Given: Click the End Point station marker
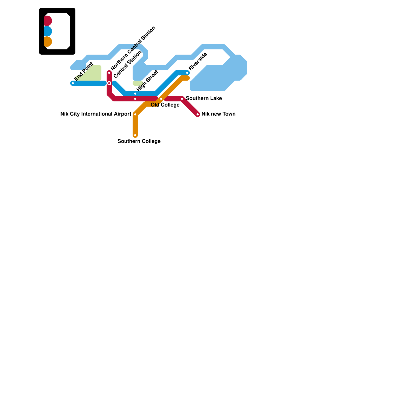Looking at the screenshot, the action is tap(73, 83).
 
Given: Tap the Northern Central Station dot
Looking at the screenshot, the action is tap(109, 73).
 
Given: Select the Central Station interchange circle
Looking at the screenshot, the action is tap(109, 83).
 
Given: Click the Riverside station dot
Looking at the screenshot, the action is tap(187, 73).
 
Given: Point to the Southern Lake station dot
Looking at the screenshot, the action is tap(182, 99).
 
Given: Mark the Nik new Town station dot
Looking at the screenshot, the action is tap(198, 114).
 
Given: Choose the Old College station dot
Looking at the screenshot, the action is tap(161, 99).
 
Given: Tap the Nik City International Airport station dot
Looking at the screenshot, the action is tap(135, 114).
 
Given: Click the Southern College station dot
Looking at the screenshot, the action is tap(135, 135).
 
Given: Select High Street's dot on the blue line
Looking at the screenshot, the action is tap(135, 94).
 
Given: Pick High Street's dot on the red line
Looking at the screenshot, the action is tap(135, 99).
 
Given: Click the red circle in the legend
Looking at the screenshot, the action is tap(48, 21).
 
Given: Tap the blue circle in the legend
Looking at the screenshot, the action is tap(48, 31).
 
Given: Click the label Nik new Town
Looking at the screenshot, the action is tap(218, 114).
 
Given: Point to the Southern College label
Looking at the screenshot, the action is tap(139, 141).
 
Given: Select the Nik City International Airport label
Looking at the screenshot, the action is tap(96, 114).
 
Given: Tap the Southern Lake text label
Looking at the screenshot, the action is tap(204, 98).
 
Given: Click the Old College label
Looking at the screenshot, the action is tap(165, 105).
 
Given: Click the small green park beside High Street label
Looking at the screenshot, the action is tap(137, 83).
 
